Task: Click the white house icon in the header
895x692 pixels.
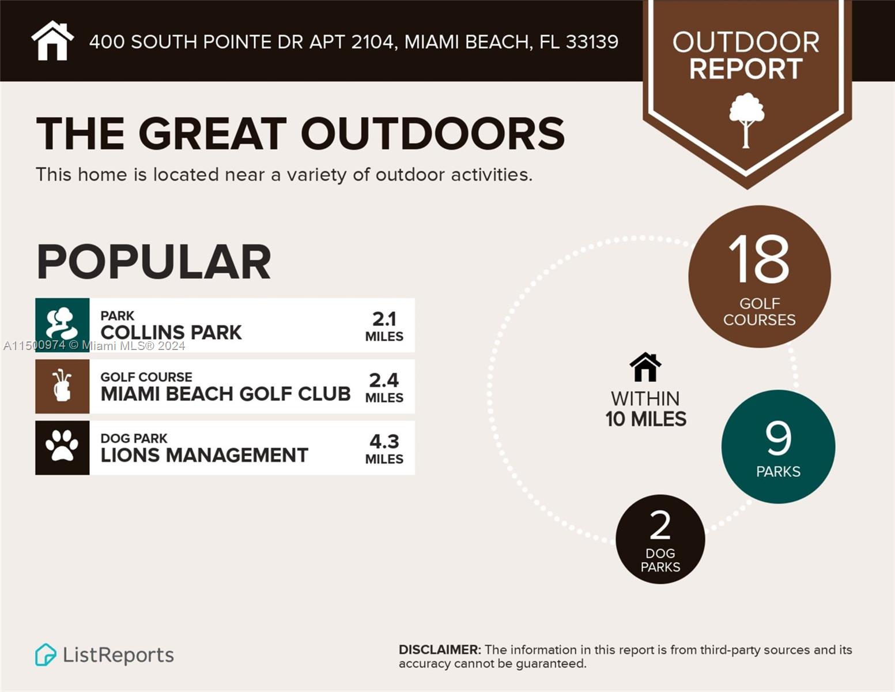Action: (x=52, y=41)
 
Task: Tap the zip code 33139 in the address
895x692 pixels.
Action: (x=592, y=42)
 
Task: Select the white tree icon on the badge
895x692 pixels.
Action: (x=746, y=120)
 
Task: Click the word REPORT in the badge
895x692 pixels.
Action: (x=746, y=69)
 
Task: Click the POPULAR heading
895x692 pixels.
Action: (x=153, y=262)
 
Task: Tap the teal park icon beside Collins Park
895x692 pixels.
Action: (x=62, y=325)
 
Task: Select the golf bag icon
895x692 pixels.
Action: (x=62, y=386)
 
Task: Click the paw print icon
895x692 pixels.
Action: (x=62, y=447)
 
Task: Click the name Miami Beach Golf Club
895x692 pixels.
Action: (x=225, y=394)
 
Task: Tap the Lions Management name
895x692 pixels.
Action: (x=204, y=455)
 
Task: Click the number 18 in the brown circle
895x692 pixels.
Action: (x=759, y=259)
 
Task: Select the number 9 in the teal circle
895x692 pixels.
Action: (x=778, y=439)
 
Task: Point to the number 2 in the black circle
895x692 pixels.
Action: (x=660, y=525)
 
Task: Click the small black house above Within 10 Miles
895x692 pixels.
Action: (x=645, y=367)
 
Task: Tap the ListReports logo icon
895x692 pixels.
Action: (x=46, y=655)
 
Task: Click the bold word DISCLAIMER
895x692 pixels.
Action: (x=439, y=650)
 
